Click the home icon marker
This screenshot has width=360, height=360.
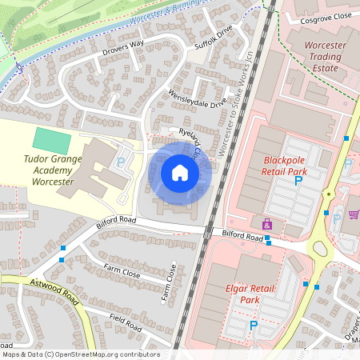pyautogui.click(x=180, y=173)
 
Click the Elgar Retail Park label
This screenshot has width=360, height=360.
pyautogui.click(x=238, y=293)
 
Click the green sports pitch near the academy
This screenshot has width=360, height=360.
pyautogui.click(x=52, y=141)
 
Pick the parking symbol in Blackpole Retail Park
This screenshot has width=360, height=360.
pyautogui.click(x=299, y=182)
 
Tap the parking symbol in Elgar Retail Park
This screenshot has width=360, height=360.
pyautogui.click(x=254, y=326)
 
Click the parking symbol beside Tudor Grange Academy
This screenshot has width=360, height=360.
pyautogui.click(x=121, y=162)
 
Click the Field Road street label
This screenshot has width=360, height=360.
pyautogui.click(x=126, y=322)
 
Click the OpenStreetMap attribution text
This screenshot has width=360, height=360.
pyautogui.click(x=80, y=354)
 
